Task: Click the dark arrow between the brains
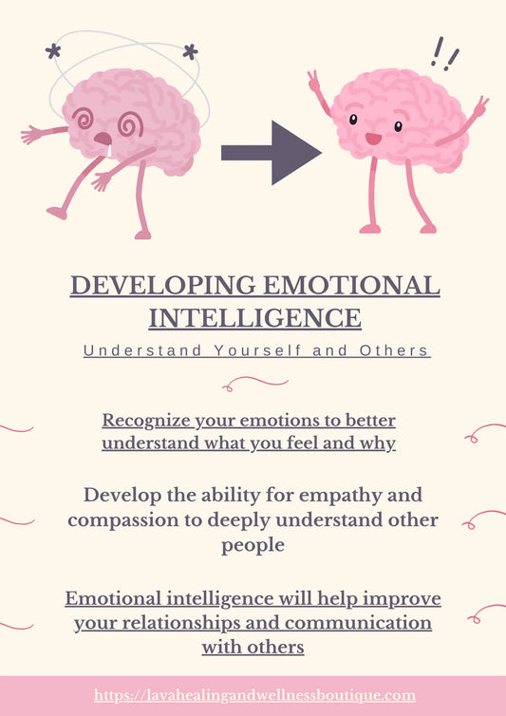271,152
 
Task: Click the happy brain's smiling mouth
373,139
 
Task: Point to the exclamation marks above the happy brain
444,53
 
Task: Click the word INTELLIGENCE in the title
254,316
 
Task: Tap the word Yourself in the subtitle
256,350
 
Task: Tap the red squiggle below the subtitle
255,383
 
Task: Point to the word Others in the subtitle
394,350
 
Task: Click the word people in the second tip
253,546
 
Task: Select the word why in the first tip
382,443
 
